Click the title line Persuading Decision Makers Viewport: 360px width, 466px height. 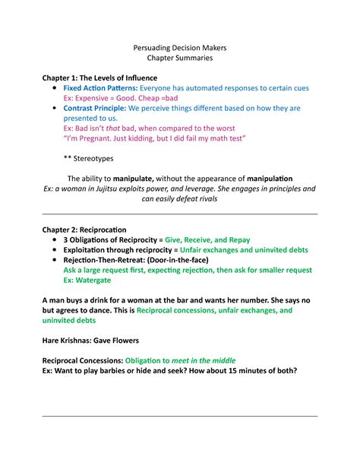point(180,48)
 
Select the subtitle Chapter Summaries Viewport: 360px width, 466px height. point(180,59)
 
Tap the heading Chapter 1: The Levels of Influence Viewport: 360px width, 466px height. point(99,78)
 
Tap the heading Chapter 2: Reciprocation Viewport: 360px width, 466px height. point(84,229)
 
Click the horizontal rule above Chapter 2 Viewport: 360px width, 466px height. point(179,214)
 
